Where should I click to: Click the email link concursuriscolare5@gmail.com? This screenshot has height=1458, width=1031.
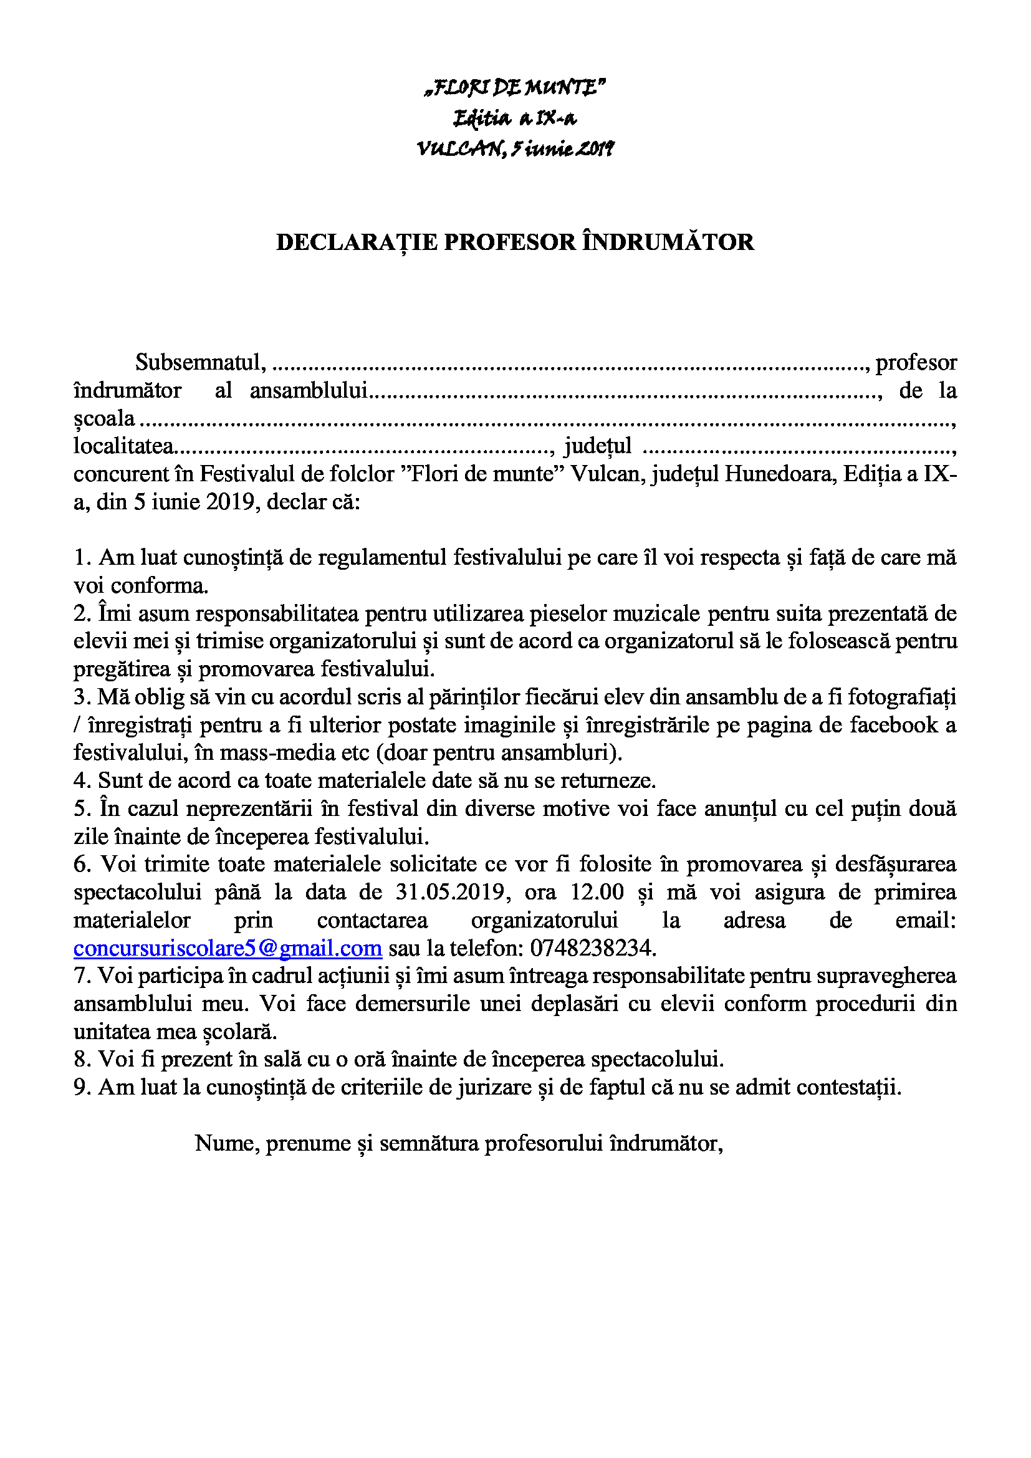(228, 948)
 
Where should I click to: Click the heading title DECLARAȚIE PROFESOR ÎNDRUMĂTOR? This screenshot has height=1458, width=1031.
(515, 242)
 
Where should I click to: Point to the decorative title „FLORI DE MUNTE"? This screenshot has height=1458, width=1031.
(515, 87)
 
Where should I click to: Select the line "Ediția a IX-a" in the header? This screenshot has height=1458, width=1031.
(515, 118)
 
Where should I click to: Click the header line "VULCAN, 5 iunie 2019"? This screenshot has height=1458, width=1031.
(515, 149)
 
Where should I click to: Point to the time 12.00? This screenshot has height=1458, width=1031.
(597, 892)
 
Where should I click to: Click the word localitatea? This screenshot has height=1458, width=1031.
(123, 446)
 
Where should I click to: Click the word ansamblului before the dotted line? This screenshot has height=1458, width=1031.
(309, 390)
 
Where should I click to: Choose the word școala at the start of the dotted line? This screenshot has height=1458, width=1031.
(104, 418)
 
